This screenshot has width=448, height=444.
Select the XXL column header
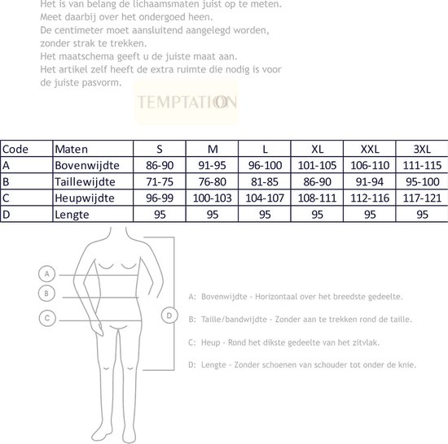370,149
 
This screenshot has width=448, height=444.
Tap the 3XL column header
422,149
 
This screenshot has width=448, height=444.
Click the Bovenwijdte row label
83,165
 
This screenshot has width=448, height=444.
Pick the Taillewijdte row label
83,181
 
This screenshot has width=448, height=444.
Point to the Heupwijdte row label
83,198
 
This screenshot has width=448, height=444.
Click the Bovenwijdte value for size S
159,165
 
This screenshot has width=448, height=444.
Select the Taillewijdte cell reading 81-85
265,181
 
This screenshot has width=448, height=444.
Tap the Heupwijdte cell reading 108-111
317,198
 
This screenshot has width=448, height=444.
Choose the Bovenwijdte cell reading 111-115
422,165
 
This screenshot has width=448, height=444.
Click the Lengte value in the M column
212,214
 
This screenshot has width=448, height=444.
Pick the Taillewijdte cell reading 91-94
370,181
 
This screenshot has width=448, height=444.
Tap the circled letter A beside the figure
47,274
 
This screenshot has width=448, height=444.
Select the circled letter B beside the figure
47,293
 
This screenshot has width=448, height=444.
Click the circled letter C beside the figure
47,318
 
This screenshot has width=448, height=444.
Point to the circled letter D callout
168,315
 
